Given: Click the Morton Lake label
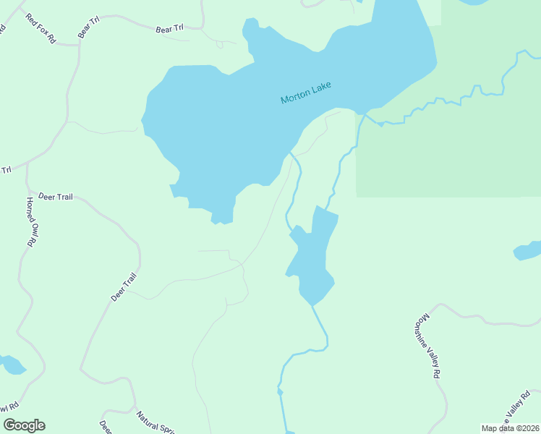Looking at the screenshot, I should coord(306,93).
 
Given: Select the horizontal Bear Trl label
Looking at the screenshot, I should coord(170,30).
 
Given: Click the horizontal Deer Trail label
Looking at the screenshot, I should coord(56,196).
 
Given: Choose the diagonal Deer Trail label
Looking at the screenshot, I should coord(123,286).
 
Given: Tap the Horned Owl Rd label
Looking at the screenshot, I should coord(32,222).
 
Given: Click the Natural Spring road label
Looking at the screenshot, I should coord(156,422).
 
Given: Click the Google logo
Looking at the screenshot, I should coord(24,425).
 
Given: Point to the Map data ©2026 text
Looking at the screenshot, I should coord(510,428).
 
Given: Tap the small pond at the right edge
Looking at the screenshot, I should coord(528,250).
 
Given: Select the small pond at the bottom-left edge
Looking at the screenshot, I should coord(12,365).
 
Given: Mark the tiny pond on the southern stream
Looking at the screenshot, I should coord(280,392).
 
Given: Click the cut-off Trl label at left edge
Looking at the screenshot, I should coord(7,170).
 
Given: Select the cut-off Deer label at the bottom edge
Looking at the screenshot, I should coord(105,426).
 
